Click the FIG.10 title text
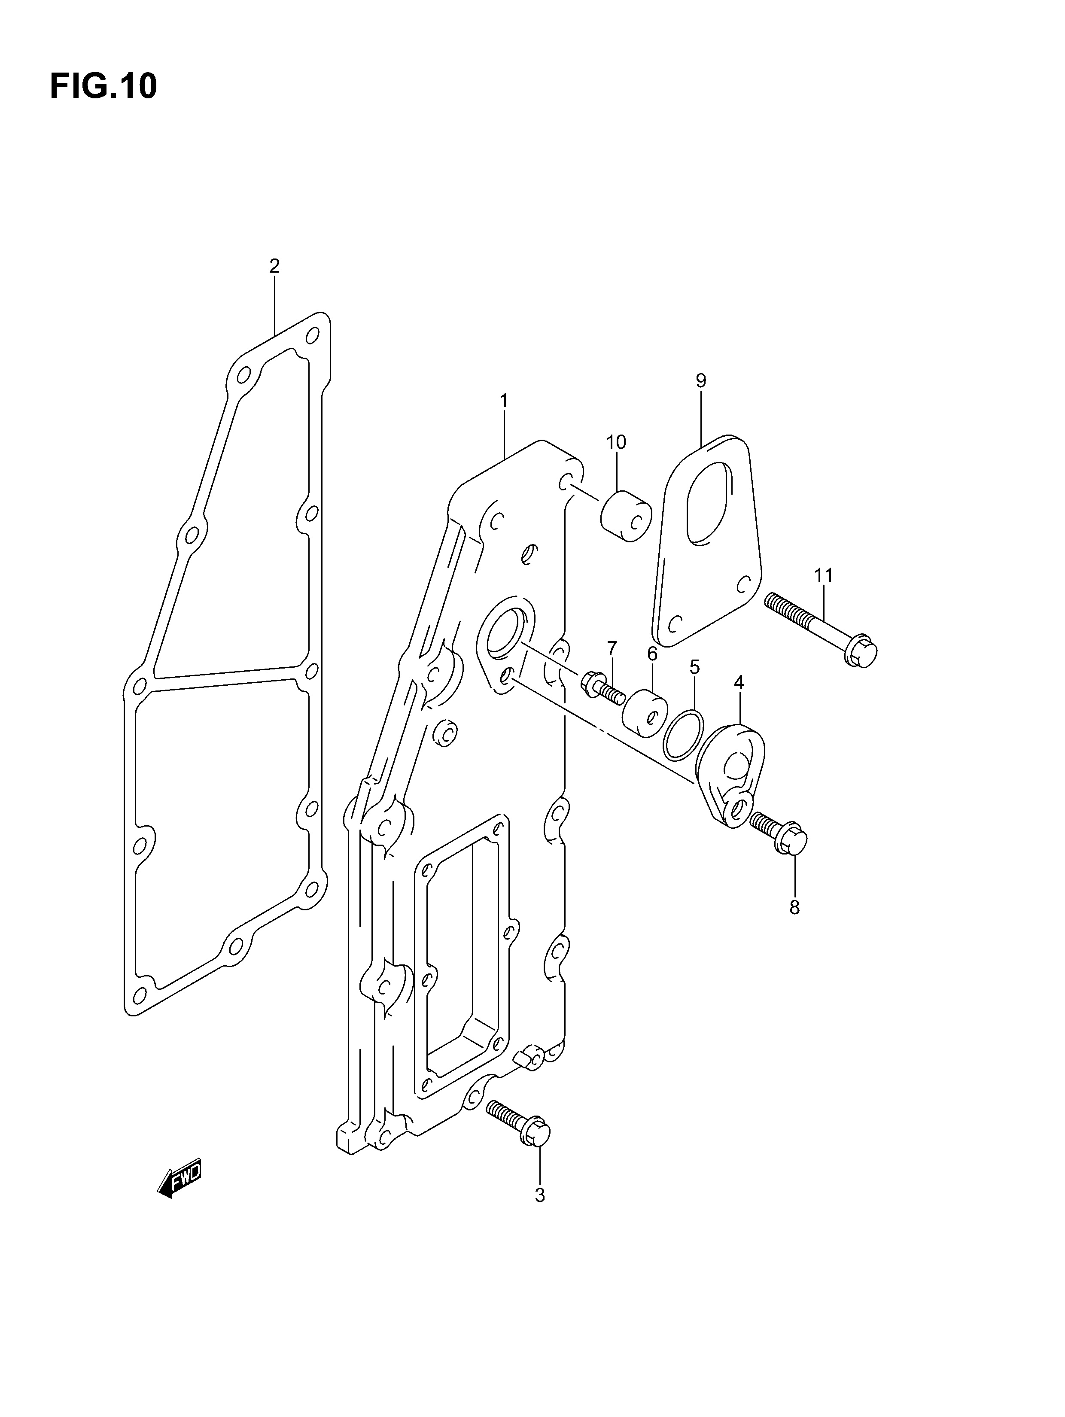pos(103,86)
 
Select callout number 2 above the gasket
pos(274,266)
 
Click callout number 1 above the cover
pos(504,401)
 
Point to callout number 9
pos(701,380)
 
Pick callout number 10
pos(616,442)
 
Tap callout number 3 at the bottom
pos(539,1195)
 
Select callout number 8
pos(794,907)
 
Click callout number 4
pos(739,683)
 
